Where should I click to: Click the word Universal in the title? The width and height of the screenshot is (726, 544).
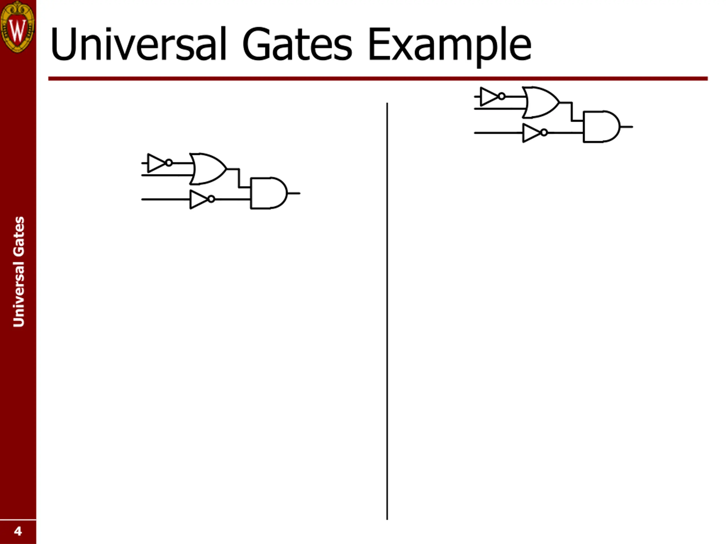point(138,44)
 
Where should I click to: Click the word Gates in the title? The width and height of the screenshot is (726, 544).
point(297,44)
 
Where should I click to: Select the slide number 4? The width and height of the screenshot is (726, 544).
point(18,531)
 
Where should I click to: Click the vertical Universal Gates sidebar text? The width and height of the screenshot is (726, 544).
point(18,271)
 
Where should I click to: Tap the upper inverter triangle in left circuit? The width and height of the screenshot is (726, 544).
point(156,163)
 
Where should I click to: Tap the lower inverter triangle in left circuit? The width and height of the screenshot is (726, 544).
point(198,199)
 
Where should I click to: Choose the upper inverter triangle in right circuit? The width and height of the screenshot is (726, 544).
point(488,96)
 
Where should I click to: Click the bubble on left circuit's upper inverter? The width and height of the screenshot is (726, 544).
point(169,163)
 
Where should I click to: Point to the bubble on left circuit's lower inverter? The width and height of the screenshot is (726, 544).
point(211,199)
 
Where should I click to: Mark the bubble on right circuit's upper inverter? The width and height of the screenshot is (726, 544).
point(501,96)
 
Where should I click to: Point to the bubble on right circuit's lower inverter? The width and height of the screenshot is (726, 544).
point(544,133)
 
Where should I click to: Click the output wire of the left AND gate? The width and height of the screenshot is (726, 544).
point(294,193)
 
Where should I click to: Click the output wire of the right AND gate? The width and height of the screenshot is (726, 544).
point(626,127)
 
